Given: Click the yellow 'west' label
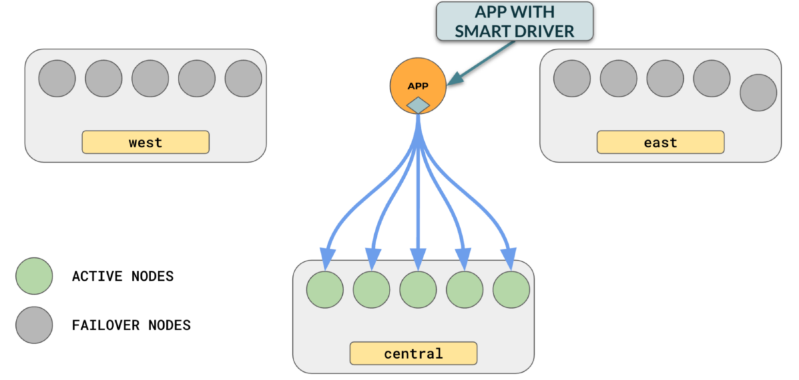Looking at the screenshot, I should coord(145,143).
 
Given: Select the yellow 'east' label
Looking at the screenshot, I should coord(660,143).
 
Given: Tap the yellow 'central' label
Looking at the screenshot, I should coord(413,353).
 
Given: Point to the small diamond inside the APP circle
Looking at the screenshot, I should coord(418,105).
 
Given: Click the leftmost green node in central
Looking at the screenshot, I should coord(325,290).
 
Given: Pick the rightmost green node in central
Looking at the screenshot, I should coord(511,290).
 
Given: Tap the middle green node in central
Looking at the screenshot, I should coord(418,290).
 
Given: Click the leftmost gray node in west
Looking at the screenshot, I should coord(57,79).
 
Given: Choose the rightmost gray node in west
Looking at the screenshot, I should coord(243,79).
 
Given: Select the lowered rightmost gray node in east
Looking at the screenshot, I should coord(758,93).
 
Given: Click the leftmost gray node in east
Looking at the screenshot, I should coord(572,79).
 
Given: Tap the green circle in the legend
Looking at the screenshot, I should coord(34,276).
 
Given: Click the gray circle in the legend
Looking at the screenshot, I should coord(34,325).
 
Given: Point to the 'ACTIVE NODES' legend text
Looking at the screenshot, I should coord(123,276).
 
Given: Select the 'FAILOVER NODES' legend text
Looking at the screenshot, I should coord(131,325).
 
